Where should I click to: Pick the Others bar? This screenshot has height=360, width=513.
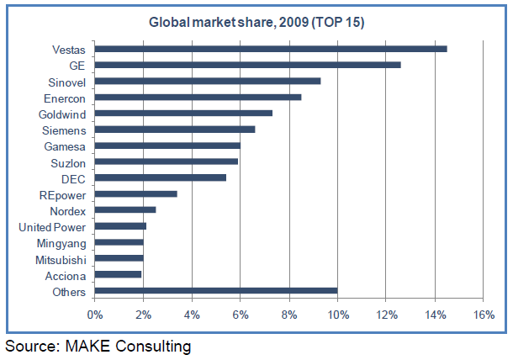(216, 291)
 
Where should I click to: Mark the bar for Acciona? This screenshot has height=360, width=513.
(119, 275)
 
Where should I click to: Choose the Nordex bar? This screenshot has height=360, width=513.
(125, 210)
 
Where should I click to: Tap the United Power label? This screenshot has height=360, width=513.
(52, 226)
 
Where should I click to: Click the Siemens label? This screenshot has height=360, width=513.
(64, 130)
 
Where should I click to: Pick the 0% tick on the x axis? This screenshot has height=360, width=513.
(95, 315)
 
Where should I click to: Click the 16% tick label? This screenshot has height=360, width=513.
(483, 315)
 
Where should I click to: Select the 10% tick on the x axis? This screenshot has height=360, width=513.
(337, 315)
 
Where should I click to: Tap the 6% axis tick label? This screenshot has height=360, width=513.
(241, 315)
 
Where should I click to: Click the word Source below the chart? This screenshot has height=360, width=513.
(30, 346)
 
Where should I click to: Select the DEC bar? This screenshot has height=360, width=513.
(161, 178)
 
